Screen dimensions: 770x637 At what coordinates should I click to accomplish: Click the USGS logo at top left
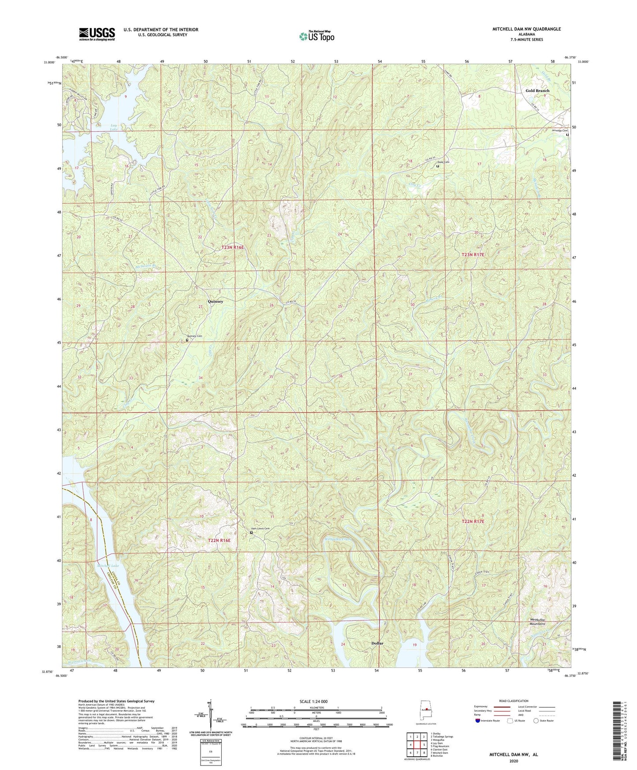tap(97, 34)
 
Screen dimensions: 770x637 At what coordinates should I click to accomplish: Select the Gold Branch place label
tap(537, 90)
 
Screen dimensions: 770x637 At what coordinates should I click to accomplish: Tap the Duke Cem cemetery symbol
tap(438, 166)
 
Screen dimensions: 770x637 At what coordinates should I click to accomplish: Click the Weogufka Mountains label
tap(537, 622)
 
